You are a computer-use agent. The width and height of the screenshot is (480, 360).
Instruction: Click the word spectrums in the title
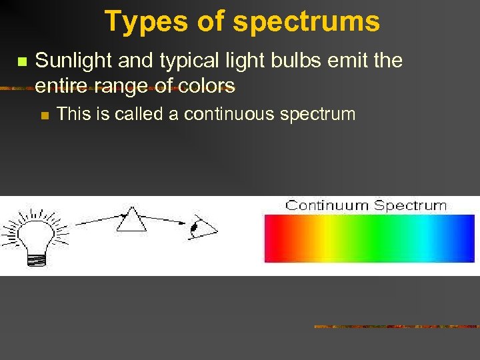click(x=306, y=21)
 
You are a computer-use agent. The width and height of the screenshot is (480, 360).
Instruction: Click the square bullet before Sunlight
click(x=20, y=61)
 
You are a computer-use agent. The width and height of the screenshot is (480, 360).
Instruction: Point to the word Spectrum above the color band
click(x=409, y=205)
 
